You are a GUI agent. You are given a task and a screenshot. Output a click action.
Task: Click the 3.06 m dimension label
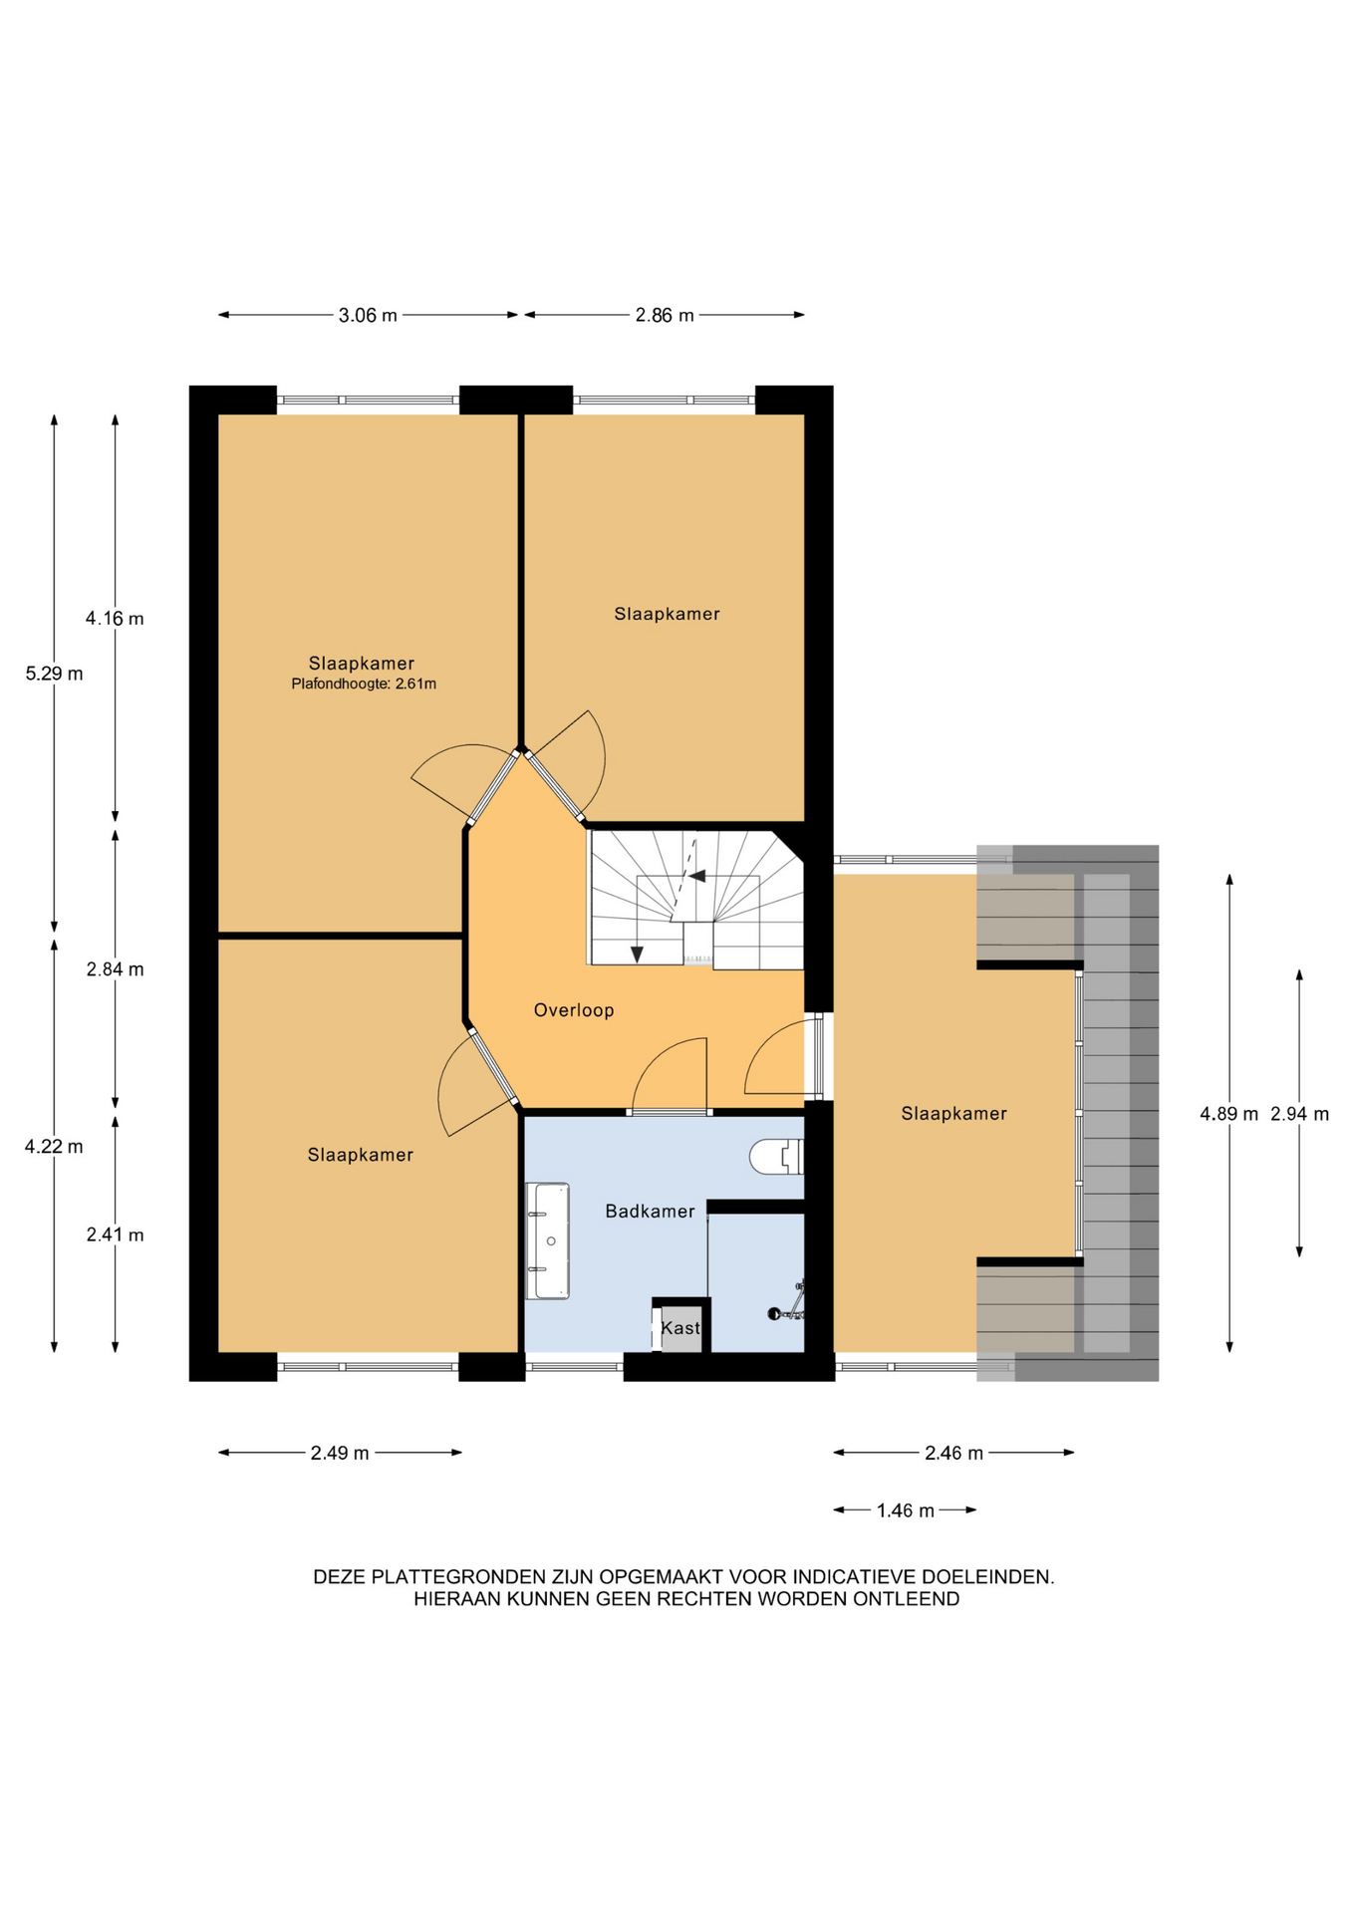click(x=368, y=316)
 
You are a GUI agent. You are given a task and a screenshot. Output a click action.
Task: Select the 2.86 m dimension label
click(x=665, y=316)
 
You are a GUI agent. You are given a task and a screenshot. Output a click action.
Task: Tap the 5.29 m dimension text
click(x=54, y=674)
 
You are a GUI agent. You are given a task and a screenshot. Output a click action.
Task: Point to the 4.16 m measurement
click(x=115, y=619)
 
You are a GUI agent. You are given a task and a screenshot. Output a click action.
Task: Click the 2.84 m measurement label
click(x=115, y=969)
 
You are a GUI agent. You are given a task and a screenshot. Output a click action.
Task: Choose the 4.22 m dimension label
click(x=54, y=1147)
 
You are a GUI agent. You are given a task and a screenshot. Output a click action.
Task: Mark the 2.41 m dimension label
click(x=115, y=1235)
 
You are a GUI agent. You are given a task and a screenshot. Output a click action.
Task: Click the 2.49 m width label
click(x=340, y=1454)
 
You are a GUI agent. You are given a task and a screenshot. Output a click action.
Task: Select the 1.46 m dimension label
click(x=906, y=1511)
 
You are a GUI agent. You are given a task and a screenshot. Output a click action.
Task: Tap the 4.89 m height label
click(x=1228, y=1114)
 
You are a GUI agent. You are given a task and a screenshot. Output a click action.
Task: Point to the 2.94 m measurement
click(x=1299, y=1114)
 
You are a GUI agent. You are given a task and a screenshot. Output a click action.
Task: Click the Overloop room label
click(x=574, y=1010)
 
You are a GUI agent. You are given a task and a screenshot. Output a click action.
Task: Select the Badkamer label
click(x=651, y=1212)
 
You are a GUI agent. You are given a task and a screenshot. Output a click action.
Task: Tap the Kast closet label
click(x=680, y=1328)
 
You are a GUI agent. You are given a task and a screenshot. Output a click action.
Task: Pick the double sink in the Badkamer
click(x=547, y=1241)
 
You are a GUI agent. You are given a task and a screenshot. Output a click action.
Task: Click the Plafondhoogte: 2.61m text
click(x=364, y=684)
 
